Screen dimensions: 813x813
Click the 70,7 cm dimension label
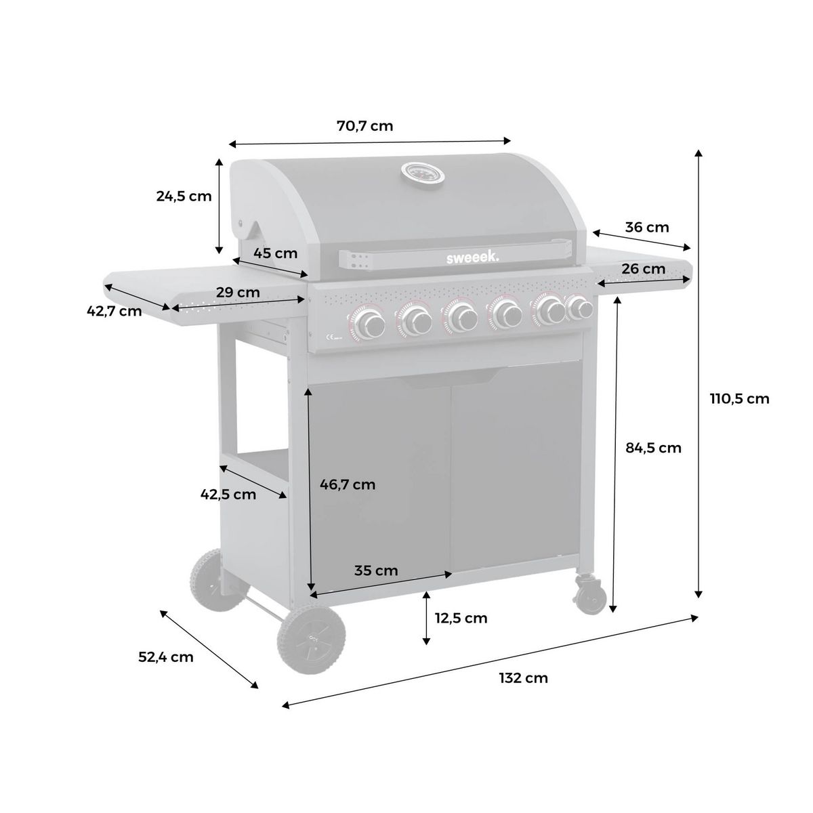coord(364,125)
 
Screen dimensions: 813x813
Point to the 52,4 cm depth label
coord(166,656)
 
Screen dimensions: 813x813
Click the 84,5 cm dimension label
coord(652,447)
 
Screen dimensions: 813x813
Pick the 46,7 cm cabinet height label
coord(347,484)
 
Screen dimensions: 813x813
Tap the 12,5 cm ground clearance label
coord(461,618)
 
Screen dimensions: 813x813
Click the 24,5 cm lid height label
coord(184,196)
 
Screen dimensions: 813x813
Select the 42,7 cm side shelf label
coord(114,311)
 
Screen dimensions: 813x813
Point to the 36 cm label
coord(646,227)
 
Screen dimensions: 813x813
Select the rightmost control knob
coord(580,308)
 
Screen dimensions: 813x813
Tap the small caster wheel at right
coord(589,595)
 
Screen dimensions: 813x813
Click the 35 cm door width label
coord(376,570)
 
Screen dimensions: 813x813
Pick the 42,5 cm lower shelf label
coord(228,494)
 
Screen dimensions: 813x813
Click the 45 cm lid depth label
coord(276,253)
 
